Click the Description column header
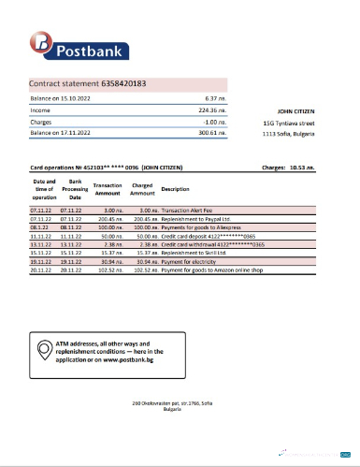[175, 189]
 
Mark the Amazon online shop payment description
[214, 270]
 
